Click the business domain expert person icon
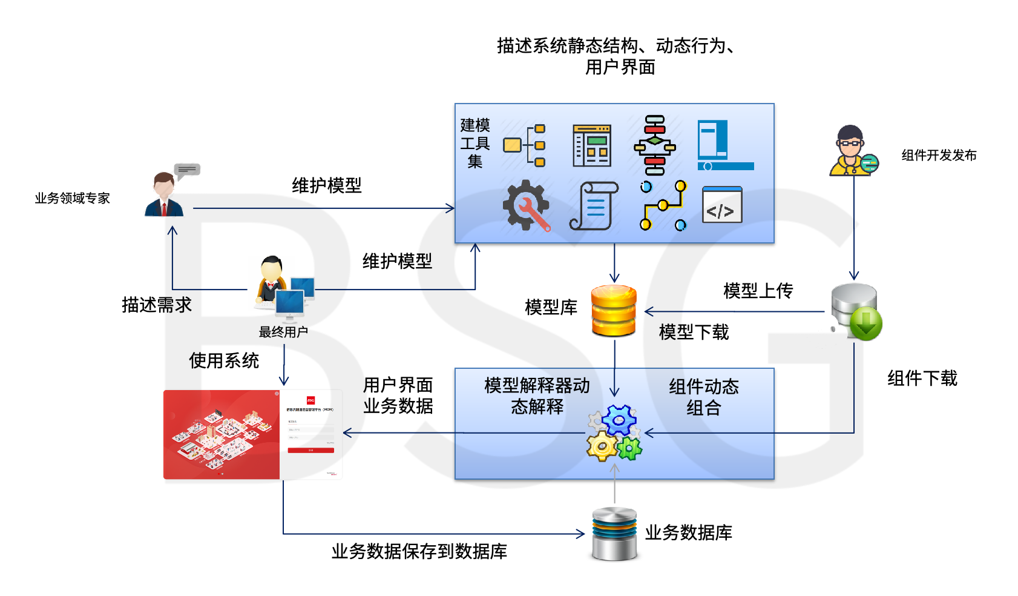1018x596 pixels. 164,194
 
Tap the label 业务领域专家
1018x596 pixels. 72,198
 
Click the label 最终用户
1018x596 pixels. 283,332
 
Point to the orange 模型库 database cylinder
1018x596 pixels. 614,311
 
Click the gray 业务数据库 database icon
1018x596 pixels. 614,534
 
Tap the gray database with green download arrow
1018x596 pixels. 856,311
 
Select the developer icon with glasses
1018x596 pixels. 852,151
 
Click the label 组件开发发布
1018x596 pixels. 939,155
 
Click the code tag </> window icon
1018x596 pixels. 722,205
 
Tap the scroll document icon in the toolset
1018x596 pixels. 594,206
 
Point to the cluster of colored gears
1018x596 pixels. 614,433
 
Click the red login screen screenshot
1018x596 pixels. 252,434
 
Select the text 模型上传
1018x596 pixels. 758,291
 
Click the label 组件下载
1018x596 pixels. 922,379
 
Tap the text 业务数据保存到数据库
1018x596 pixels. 419,551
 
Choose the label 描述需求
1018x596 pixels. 157,305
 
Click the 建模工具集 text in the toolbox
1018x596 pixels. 475,144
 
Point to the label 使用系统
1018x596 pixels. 224,360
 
